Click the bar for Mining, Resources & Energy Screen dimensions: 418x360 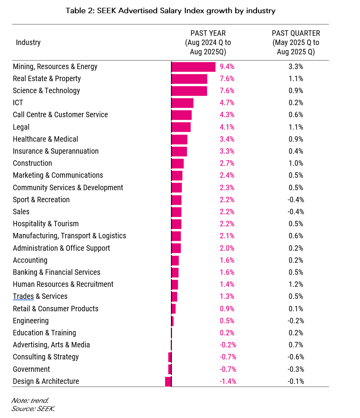pos(193,67)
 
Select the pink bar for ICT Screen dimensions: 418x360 pos(183,103)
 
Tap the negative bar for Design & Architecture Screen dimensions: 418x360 pos(168,382)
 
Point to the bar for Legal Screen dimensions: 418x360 pos(181,127)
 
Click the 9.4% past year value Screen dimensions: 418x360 pos(227,67)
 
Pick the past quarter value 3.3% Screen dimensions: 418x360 pos(296,67)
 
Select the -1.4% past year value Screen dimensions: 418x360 pos(228,382)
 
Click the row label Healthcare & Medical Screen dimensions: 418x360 pos(45,139)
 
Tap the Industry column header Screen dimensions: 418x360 pos(28,42)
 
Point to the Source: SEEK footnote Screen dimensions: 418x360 pos(33,408)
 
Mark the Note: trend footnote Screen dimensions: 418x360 pos(30,400)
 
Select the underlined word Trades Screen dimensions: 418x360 pos(23,297)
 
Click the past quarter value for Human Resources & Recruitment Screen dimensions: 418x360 pos(296,284)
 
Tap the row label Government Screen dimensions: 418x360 pos(31,369)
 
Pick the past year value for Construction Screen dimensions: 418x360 pos(227,163)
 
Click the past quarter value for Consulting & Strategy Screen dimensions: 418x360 pos(296,357)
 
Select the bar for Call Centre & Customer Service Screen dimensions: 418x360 pos(182,115)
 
